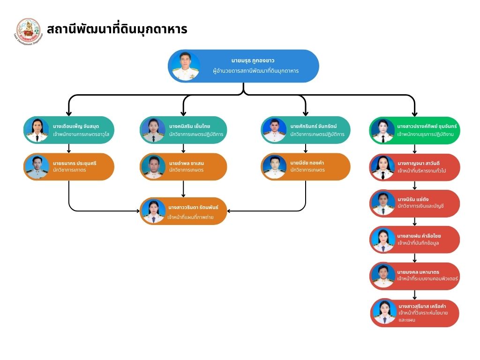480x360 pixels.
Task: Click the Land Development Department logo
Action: click(29, 31)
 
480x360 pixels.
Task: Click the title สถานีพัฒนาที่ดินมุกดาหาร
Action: click(117, 30)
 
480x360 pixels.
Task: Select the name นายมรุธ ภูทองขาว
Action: click(253, 61)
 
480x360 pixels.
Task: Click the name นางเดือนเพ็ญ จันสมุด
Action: click(76, 126)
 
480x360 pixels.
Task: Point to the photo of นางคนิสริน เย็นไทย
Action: click(153, 130)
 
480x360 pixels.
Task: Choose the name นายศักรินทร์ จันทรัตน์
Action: click(314, 126)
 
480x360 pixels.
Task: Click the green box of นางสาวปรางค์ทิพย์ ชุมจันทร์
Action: click(415, 130)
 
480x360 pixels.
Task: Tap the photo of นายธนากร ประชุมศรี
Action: click(37, 167)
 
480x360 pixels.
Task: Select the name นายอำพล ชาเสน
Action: click(187, 163)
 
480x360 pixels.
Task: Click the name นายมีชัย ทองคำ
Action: click(307, 163)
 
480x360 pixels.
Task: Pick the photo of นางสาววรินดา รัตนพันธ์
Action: click(153, 211)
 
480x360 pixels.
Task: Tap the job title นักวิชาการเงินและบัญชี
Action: click(420, 206)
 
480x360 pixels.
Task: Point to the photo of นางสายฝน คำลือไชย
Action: click(383, 240)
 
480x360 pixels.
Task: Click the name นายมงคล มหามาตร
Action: click(418, 272)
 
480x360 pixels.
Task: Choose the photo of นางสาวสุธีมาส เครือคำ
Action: click(385, 313)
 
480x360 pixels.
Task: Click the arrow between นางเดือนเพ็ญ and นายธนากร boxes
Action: click(69, 148)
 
